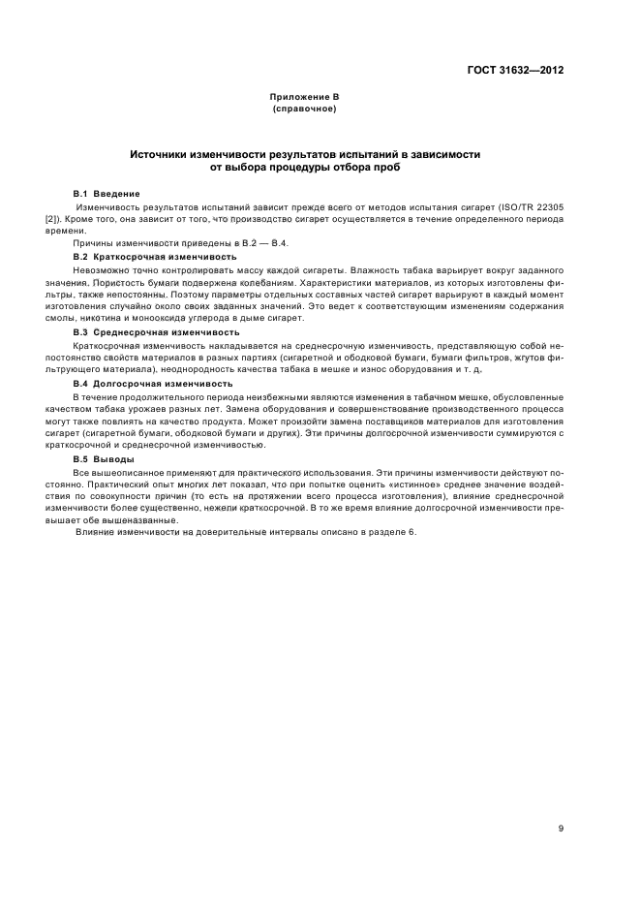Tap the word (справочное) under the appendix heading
point(304,109)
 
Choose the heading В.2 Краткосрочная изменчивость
point(154,256)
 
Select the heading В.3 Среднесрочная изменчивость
point(154,332)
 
